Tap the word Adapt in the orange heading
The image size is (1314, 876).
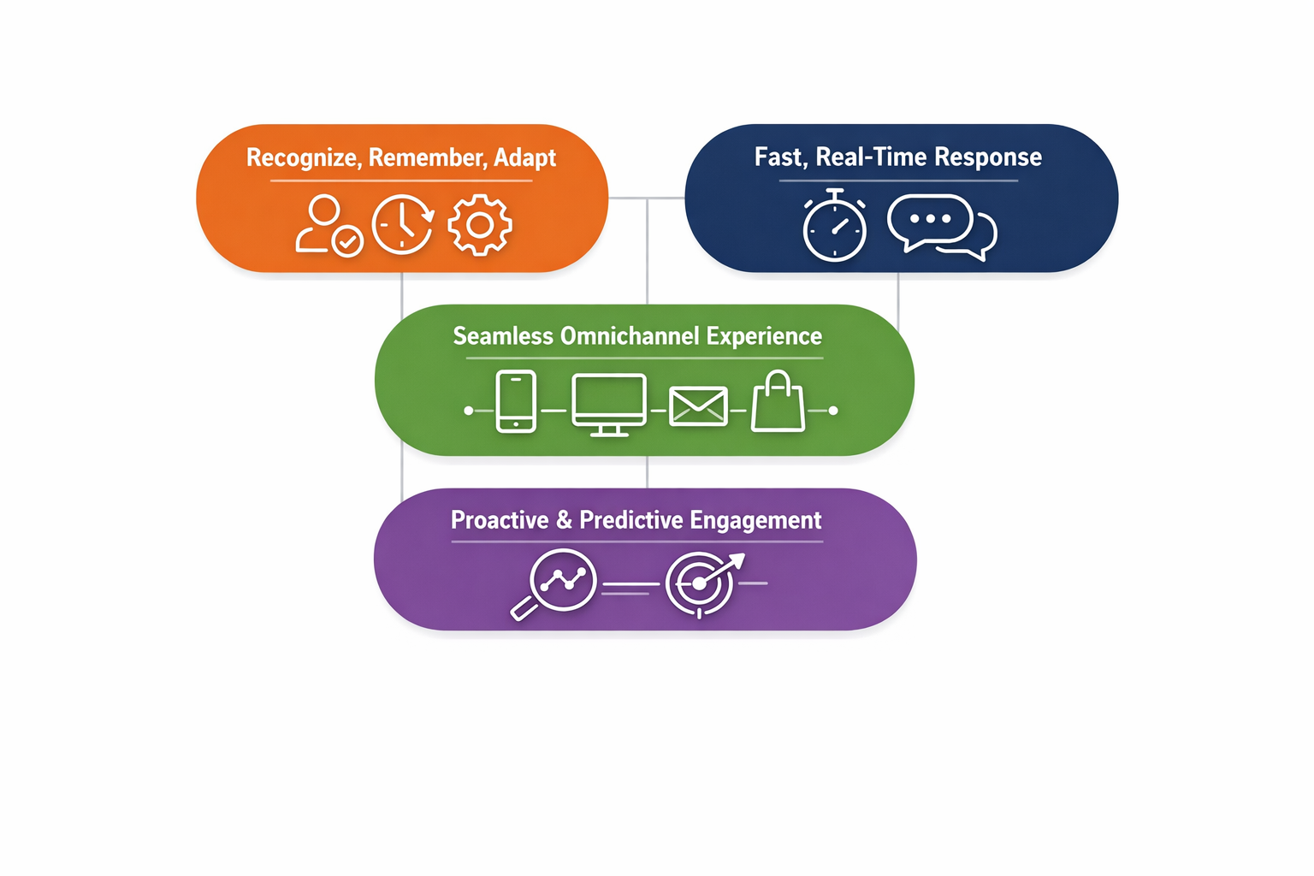tap(524, 158)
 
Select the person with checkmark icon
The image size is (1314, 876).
tap(327, 226)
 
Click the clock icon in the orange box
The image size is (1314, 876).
tap(402, 225)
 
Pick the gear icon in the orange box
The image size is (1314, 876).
tap(480, 225)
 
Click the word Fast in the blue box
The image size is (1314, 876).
tap(779, 157)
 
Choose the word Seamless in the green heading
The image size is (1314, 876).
tap(503, 336)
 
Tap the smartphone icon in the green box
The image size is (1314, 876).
tap(516, 401)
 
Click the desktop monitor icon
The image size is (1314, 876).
tap(608, 405)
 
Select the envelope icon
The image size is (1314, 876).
tap(698, 406)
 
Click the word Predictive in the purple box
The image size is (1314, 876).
tap(631, 520)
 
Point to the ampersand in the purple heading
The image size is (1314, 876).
tap(564, 520)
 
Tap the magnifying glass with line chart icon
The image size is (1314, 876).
tap(556, 583)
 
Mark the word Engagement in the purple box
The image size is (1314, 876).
tap(755, 520)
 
